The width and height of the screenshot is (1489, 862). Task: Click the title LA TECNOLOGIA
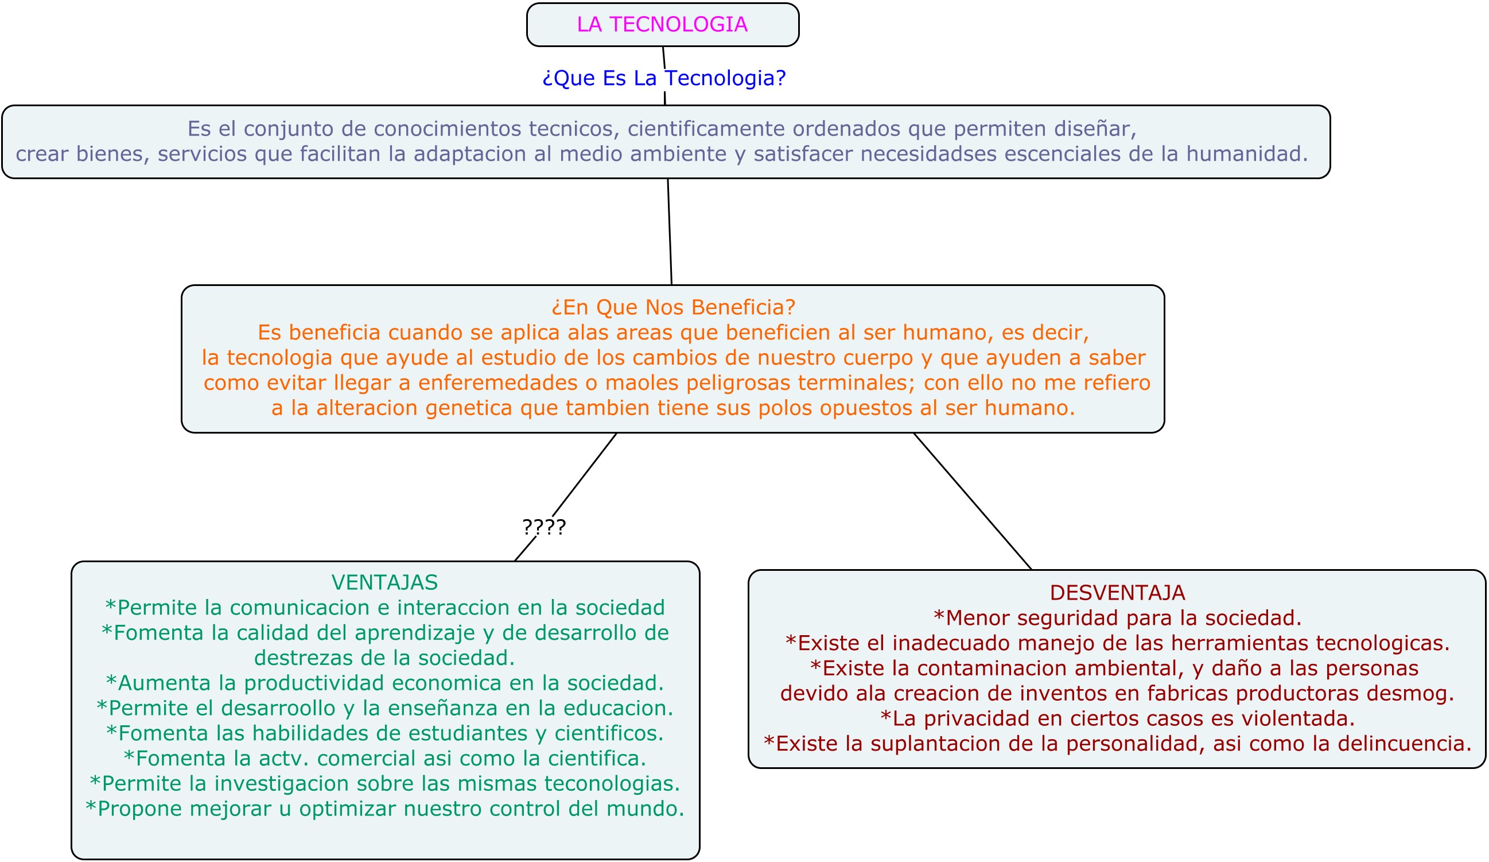coord(662,25)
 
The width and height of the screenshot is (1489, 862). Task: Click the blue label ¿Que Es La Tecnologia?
coord(664,78)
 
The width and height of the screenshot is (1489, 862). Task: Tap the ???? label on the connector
coord(543,527)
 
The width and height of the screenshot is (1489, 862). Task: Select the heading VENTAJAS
coord(384,582)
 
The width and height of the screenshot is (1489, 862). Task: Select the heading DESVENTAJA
coord(1117,593)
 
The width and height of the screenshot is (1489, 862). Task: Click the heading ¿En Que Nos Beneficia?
coord(673,307)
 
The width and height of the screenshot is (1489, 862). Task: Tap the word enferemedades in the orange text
coord(497,383)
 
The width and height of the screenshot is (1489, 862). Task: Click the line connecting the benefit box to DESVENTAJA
coord(972,501)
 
